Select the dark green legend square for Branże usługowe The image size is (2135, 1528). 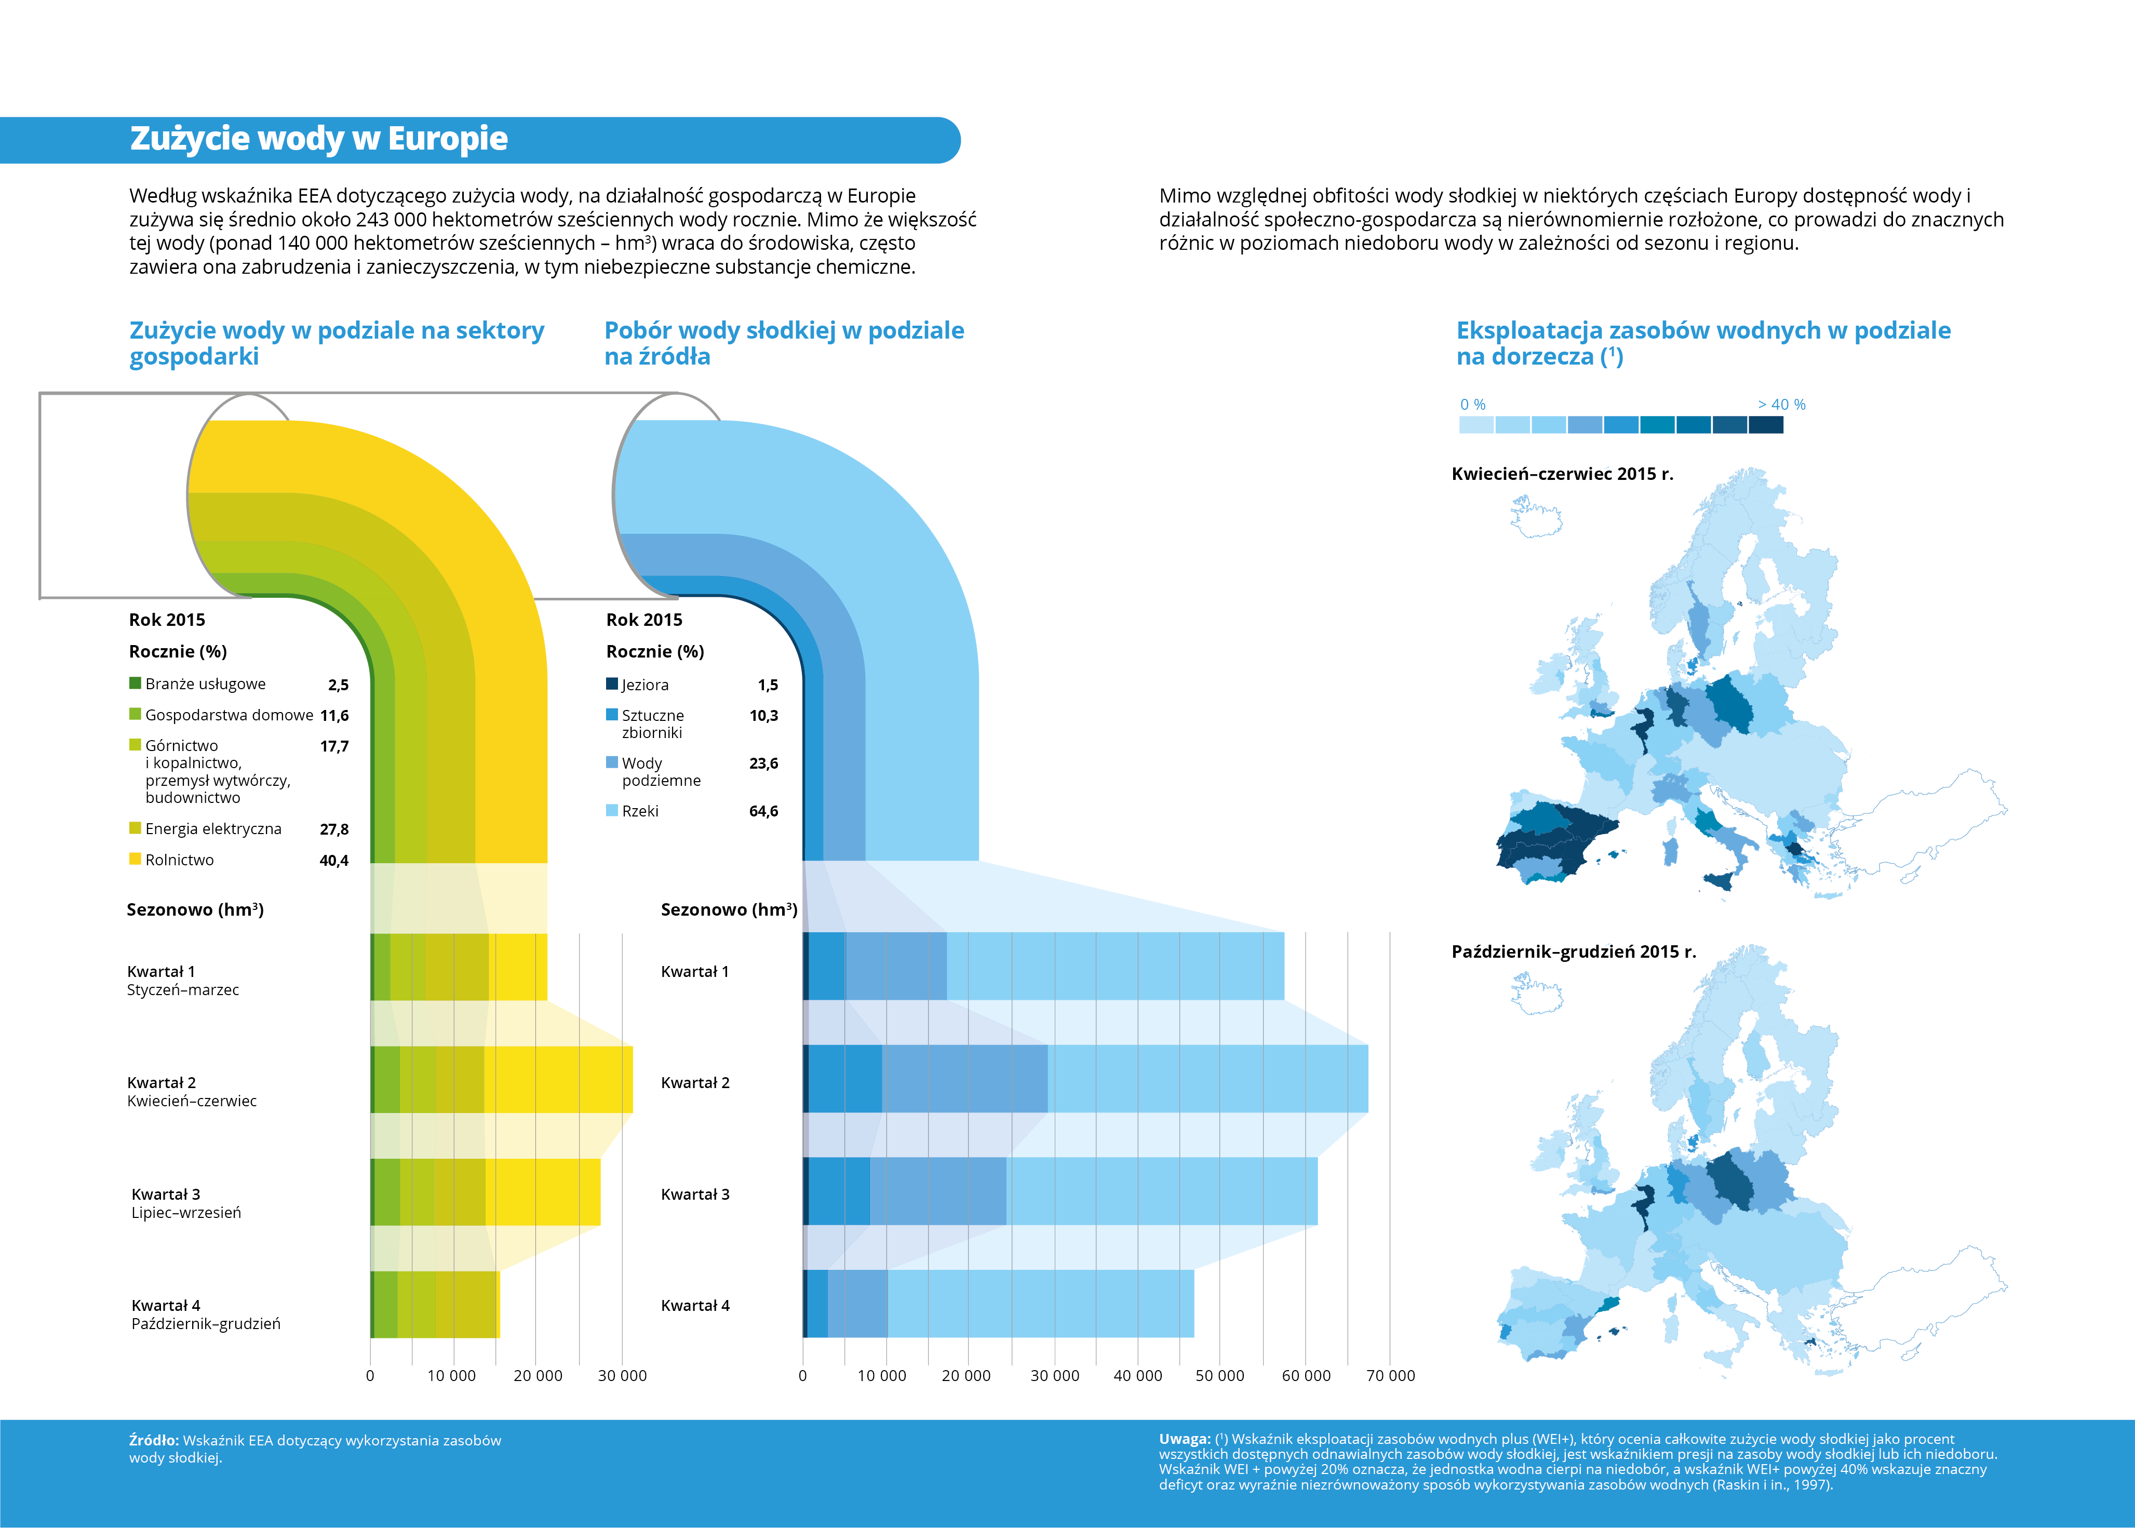[x=136, y=683]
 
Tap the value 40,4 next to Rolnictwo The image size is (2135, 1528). [x=334, y=860]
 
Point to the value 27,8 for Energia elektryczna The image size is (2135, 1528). [x=334, y=829]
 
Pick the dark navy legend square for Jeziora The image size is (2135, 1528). [x=612, y=684]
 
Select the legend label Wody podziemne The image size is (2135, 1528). [x=662, y=771]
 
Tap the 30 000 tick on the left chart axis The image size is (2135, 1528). [x=622, y=1376]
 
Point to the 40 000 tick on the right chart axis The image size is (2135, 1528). [x=1137, y=1376]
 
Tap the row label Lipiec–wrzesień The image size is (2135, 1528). [x=186, y=1213]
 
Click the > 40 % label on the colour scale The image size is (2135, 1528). [x=1781, y=405]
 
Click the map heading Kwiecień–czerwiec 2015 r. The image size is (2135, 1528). [x=1562, y=474]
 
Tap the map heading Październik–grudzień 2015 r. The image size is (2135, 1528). [x=1573, y=951]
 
